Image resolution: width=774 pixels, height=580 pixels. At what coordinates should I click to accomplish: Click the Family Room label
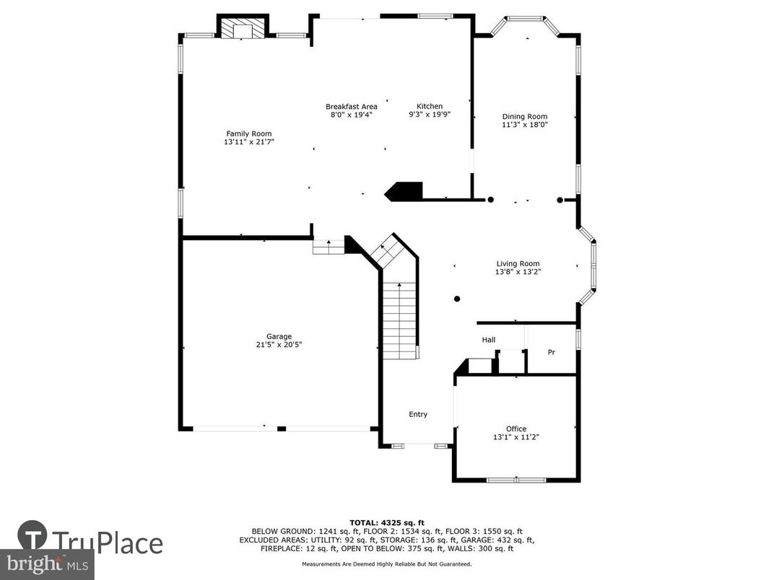pos(249,133)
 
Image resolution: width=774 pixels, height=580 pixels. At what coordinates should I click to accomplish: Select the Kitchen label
pos(430,106)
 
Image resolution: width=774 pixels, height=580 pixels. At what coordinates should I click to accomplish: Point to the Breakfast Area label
pos(351,107)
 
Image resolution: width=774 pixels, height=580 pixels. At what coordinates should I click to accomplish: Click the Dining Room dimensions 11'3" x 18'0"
pos(525,124)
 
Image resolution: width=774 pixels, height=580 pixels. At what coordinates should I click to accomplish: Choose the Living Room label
pos(518,263)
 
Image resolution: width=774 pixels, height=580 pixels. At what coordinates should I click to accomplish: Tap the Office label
pos(516,429)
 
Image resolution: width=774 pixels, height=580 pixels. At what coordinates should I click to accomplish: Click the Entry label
pos(418,414)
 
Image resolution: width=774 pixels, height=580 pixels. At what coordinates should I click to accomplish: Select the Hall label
pos(489,340)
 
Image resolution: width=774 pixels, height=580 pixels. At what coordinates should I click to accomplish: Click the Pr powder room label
pos(551,353)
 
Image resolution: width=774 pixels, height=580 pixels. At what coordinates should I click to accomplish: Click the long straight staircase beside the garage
pos(399,321)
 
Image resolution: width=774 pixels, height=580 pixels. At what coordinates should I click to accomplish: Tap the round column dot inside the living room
pos(456,299)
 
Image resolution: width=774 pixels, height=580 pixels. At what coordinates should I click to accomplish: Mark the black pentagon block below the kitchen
pos(404,191)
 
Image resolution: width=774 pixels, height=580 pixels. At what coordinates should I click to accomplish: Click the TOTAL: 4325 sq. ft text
pos(387,522)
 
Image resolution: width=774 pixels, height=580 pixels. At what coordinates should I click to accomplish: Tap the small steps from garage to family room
pos(329,247)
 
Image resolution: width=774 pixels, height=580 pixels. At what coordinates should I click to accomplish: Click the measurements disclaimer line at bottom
pos(387,564)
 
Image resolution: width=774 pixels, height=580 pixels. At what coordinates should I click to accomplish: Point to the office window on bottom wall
pos(516,480)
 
